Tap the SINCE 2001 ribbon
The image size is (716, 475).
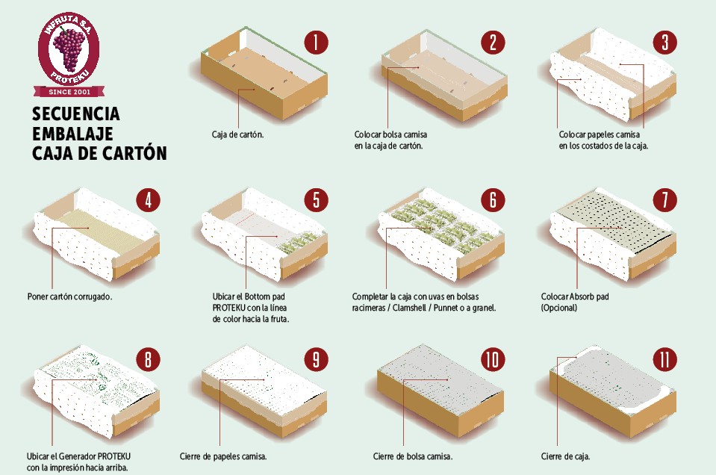point(69,91)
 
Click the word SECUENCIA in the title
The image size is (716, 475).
point(76,114)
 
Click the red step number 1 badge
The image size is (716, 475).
point(316,43)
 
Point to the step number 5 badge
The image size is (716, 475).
point(316,200)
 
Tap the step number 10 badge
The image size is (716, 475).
point(493,359)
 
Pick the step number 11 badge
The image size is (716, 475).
point(664,359)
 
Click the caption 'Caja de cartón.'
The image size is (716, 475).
point(237,134)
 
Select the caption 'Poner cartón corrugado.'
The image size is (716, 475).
point(70,297)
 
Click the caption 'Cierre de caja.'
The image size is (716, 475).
point(565,456)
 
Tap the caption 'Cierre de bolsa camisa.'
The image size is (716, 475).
point(413,456)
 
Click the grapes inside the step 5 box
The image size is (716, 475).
point(299,243)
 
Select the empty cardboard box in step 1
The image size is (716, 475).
point(264,73)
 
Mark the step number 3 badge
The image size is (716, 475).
point(664,43)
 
